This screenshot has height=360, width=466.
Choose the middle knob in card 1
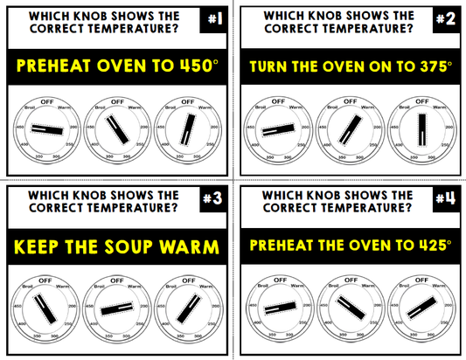click(x=116, y=128)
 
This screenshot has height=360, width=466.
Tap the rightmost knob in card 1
click(x=186, y=128)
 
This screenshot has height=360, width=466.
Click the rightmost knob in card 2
click(x=421, y=129)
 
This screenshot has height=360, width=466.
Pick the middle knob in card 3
click(x=116, y=308)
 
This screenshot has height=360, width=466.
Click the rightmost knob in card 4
click(x=421, y=308)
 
